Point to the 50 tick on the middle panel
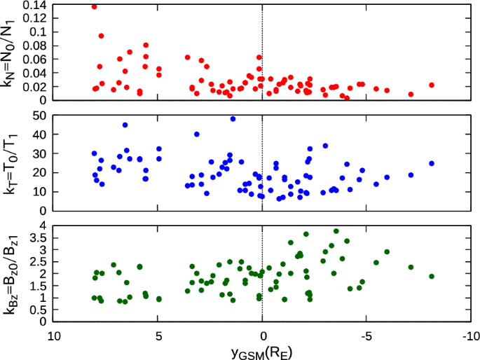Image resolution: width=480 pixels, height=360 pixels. pyautogui.click(x=39, y=115)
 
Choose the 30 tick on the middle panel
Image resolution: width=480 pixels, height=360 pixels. pyautogui.click(x=39, y=153)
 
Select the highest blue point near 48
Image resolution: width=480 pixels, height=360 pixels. pyautogui.click(x=233, y=119)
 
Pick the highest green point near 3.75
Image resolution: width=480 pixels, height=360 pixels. pyautogui.click(x=336, y=231)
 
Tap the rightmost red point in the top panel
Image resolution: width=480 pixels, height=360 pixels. pyautogui.click(x=432, y=85)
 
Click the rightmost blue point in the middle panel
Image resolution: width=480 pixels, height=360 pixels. pyautogui.click(x=432, y=164)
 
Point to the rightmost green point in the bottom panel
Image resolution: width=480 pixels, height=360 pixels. pyautogui.click(x=432, y=277)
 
